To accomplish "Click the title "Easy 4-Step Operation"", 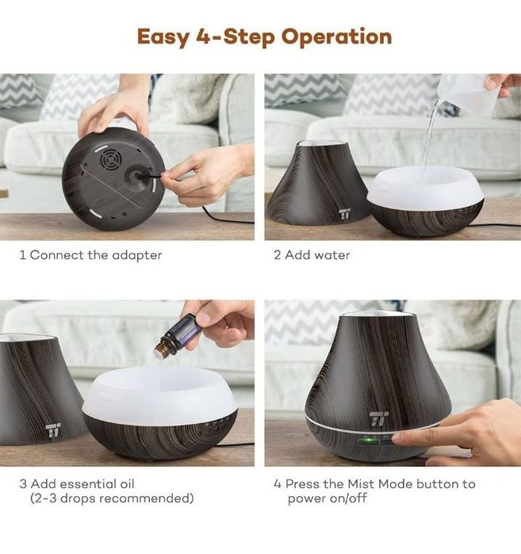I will (264, 36).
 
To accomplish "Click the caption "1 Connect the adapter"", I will (90, 255).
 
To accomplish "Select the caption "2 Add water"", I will (312, 255).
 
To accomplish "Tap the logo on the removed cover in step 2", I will (345, 215).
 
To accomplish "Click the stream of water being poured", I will (428, 143).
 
